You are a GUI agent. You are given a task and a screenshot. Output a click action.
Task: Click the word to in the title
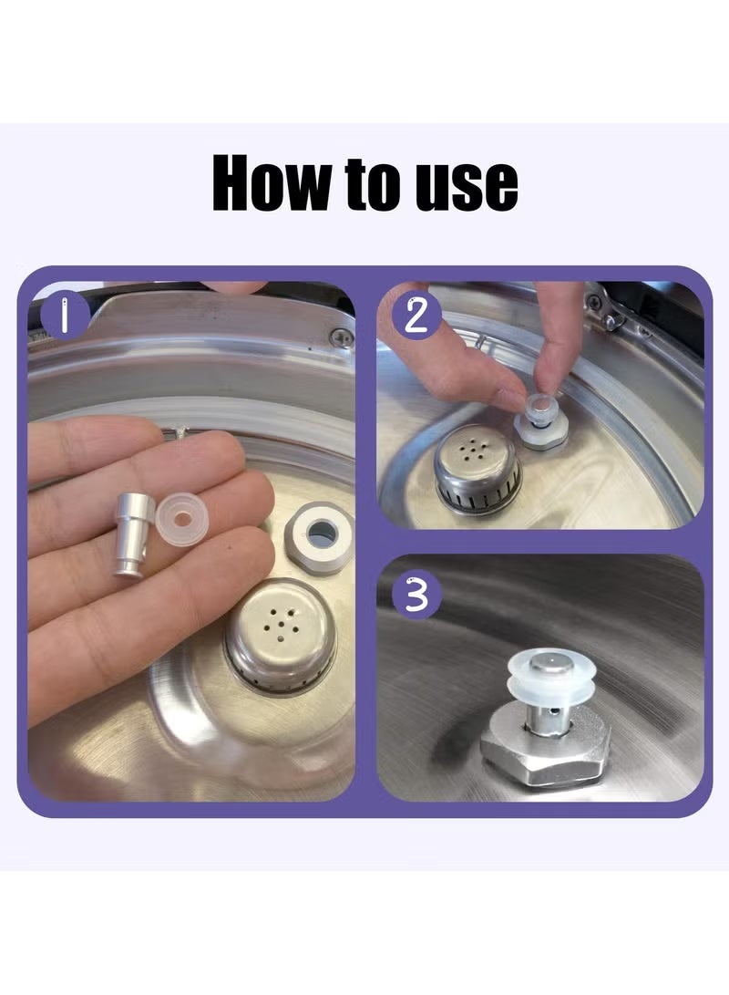point(374,184)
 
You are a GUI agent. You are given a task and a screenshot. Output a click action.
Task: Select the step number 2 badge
point(416,315)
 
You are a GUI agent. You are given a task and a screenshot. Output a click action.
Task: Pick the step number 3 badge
point(416,596)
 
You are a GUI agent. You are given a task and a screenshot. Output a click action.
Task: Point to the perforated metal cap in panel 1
point(279,636)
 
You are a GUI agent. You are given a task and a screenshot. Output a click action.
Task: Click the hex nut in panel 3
point(545,751)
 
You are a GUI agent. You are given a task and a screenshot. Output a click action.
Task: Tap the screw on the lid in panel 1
point(343,337)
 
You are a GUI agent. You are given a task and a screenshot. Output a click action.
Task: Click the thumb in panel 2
point(556,337)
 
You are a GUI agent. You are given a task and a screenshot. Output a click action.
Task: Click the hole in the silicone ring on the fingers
point(182,520)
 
